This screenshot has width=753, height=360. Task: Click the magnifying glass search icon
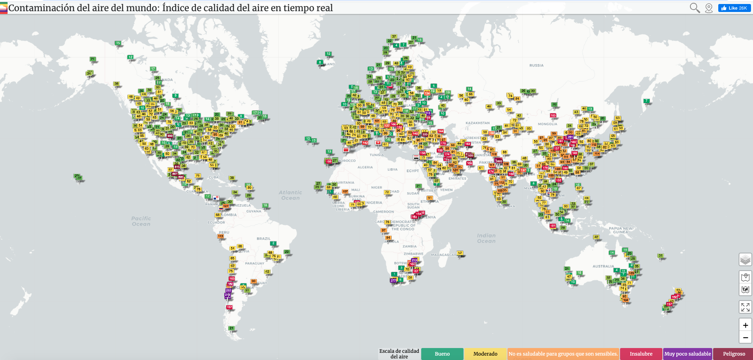(x=695, y=8)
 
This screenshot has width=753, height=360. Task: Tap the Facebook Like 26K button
(x=734, y=8)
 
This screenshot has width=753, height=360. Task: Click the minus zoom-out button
(x=745, y=338)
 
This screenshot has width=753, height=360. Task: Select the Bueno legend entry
(x=442, y=354)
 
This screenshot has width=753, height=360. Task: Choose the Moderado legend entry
(x=485, y=354)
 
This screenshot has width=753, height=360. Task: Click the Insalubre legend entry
(x=641, y=354)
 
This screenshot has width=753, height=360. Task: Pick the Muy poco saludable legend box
(x=688, y=354)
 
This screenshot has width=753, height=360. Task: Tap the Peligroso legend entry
(x=734, y=354)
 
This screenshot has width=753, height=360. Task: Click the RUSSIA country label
(x=536, y=65)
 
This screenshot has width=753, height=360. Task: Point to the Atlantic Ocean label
(x=290, y=195)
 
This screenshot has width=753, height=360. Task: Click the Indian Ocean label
(x=486, y=238)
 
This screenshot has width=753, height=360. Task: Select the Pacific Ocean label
(x=141, y=221)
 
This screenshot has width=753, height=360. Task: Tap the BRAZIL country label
(x=264, y=239)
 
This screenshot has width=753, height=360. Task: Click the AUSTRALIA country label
(x=603, y=266)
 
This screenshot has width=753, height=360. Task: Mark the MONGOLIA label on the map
(x=547, y=124)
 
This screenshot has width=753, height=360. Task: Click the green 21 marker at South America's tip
(x=232, y=328)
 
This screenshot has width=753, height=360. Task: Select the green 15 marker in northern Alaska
(x=118, y=43)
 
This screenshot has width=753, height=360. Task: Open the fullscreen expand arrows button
(x=745, y=307)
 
